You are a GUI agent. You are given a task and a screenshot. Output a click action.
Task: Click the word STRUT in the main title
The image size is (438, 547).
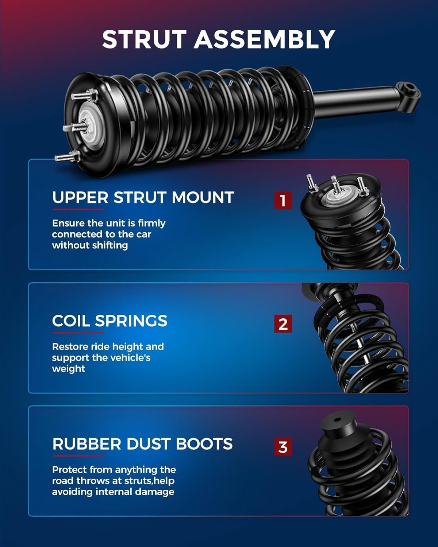click(x=145, y=39)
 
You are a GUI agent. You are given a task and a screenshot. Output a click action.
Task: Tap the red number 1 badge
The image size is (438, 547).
click(x=283, y=200)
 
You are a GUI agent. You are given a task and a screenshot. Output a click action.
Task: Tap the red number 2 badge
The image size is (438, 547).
click(x=283, y=323)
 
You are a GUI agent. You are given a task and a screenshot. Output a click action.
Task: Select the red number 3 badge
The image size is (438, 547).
click(x=283, y=447)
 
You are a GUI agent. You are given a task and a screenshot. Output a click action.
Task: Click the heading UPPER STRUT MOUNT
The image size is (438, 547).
click(x=143, y=198)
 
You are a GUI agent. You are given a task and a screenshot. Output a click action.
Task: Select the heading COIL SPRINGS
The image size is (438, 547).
click(x=109, y=321)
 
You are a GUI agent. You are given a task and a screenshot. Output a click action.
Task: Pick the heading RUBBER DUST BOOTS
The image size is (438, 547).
click(x=142, y=444)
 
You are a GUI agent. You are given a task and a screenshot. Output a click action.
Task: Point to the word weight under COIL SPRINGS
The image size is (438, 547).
click(x=69, y=369)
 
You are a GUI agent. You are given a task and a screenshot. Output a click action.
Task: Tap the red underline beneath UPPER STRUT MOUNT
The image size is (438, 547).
click(x=78, y=209)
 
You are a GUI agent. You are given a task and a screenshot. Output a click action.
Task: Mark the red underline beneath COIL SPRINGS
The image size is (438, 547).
click(x=78, y=333)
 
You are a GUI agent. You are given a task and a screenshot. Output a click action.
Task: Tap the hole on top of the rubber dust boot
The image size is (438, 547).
click(x=336, y=419)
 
